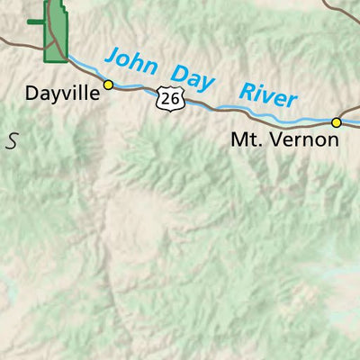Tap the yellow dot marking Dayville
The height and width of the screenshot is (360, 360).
pos(108,85)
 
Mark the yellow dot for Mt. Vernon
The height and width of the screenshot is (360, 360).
pos(337,122)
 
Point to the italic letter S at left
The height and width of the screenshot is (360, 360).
pos(12,139)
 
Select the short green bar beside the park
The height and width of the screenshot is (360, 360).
pos(36,22)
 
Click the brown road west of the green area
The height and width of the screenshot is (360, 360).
pos(18,40)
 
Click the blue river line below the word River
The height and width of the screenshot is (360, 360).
pos(270,114)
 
